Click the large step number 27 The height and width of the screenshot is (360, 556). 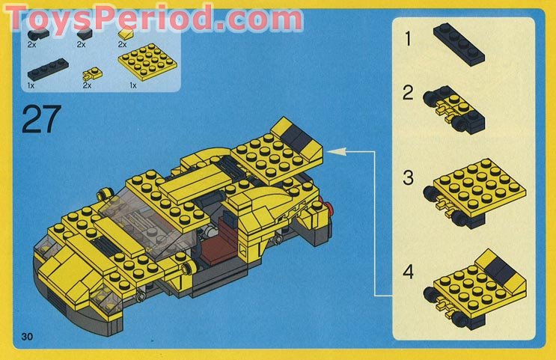click(41, 120)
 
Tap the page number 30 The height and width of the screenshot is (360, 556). click(27, 336)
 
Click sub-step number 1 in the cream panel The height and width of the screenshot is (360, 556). click(408, 38)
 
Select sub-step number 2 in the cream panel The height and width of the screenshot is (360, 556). click(408, 92)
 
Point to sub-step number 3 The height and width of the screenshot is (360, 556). click(408, 177)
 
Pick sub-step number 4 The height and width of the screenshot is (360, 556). click(408, 272)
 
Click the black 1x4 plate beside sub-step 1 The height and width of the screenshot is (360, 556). click(459, 44)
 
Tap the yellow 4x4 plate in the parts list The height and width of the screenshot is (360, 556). click(147, 61)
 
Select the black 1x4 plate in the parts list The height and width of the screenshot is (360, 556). click(48, 69)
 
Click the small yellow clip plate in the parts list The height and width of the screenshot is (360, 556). click(92, 74)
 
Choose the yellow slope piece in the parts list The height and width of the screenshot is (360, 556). click(126, 34)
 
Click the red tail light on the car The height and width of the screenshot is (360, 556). click(329, 208)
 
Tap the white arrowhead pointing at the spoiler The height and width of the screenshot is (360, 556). click(336, 151)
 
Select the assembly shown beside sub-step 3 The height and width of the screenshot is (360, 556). click(475, 192)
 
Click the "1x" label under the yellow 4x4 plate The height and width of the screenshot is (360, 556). click(133, 85)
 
